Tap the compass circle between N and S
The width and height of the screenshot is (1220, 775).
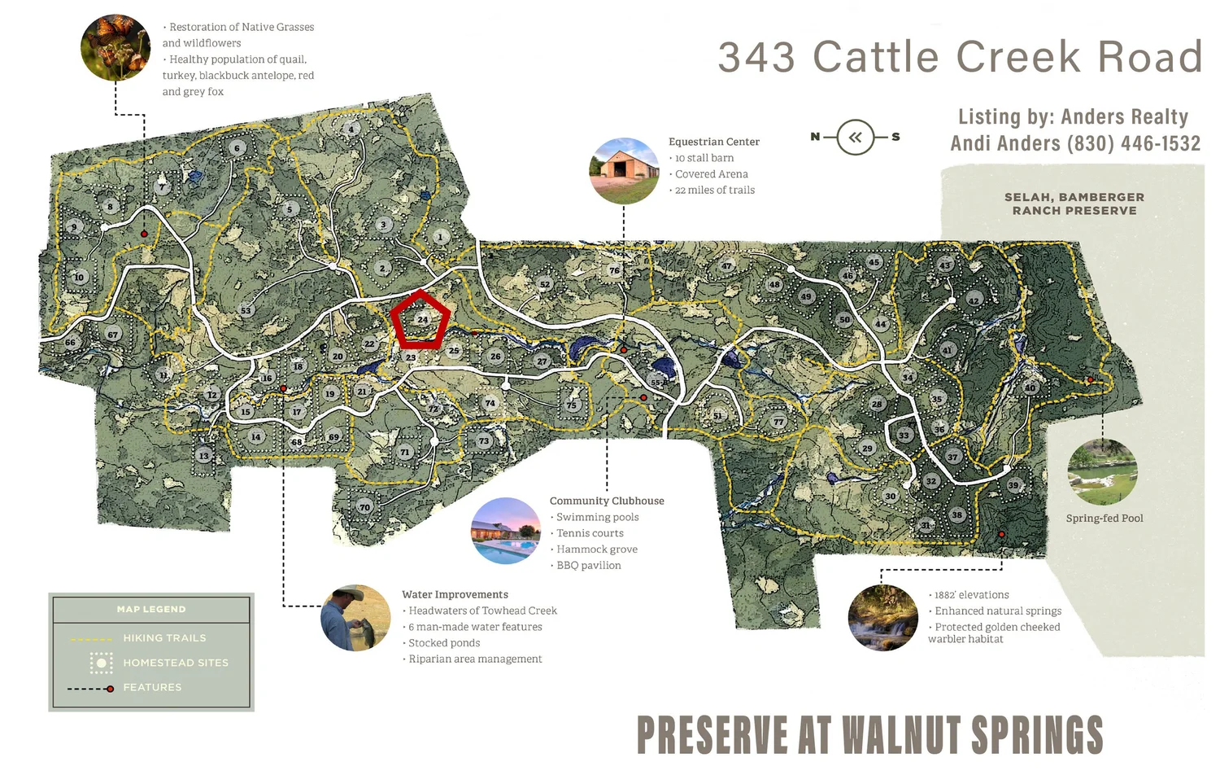tap(855, 137)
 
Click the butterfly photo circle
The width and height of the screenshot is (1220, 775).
tap(115, 47)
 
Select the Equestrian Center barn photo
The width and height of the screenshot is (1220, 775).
tap(624, 171)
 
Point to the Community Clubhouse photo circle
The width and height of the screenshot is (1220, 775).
tap(506, 531)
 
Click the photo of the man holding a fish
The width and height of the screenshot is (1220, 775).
tap(355, 618)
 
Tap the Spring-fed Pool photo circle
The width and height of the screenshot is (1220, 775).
tap(1102, 472)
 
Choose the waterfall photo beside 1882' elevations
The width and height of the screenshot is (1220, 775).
tap(882, 618)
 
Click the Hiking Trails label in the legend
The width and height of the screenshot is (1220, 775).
tap(164, 638)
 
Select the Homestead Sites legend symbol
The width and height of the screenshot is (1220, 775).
tap(101, 663)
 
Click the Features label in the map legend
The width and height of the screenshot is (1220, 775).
tap(152, 688)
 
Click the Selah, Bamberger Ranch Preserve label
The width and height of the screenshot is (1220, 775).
tap(1074, 204)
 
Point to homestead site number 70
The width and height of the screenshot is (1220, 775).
tap(364, 507)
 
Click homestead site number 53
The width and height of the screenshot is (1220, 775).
tap(246, 310)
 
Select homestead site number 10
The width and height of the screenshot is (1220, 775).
tap(79, 278)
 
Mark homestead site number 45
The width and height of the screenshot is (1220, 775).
tap(874, 262)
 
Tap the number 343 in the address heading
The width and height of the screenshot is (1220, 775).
tap(756, 57)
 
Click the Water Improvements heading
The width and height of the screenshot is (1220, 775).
tap(455, 594)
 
